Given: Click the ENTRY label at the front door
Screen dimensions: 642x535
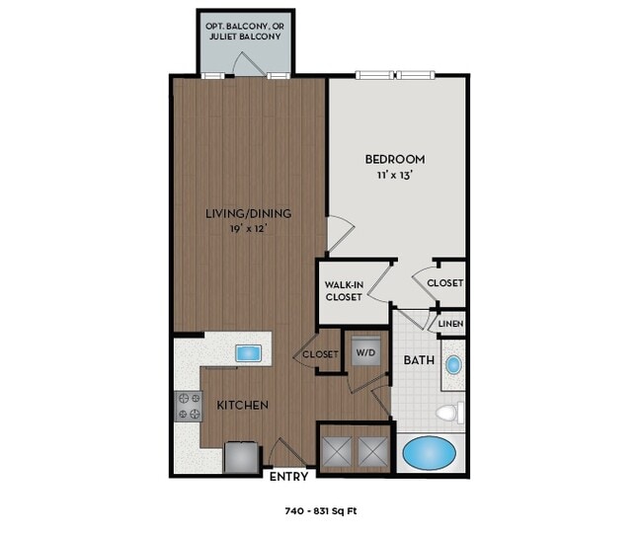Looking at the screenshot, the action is (x=288, y=477).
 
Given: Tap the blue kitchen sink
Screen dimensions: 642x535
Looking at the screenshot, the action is (x=248, y=352).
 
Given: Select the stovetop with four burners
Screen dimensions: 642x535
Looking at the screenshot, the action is (x=189, y=407).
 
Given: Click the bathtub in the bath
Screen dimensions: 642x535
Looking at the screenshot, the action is (x=429, y=453).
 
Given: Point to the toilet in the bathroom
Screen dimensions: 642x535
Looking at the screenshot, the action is (x=449, y=413).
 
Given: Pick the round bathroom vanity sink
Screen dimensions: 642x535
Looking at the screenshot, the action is (x=453, y=364).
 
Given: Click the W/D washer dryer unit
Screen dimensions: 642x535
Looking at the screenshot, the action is (x=366, y=351).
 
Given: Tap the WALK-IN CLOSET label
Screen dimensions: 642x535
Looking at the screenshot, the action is (x=344, y=290).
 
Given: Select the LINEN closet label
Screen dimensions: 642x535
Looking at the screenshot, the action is (x=450, y=324).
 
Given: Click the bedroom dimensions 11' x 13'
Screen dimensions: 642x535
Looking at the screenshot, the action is (x=393, y=175).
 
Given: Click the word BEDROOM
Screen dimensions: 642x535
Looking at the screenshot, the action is (x=395, y=159).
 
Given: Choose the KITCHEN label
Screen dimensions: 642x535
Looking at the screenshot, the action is (x=242, y=406).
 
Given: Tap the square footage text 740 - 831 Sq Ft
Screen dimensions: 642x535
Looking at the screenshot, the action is (x=321, y=511).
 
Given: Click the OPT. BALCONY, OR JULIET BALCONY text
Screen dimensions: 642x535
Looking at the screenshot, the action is (x=245, y=32).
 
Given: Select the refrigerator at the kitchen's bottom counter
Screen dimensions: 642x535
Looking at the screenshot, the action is (x=242, y=457).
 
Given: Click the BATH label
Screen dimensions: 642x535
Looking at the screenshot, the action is (x=419, y=360).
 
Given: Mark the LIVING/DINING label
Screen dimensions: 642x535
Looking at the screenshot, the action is (x=249, y=213).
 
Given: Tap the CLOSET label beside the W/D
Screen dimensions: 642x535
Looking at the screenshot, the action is (x=321, y=354).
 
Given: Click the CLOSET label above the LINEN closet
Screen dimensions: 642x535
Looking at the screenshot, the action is (x=445, y=283).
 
